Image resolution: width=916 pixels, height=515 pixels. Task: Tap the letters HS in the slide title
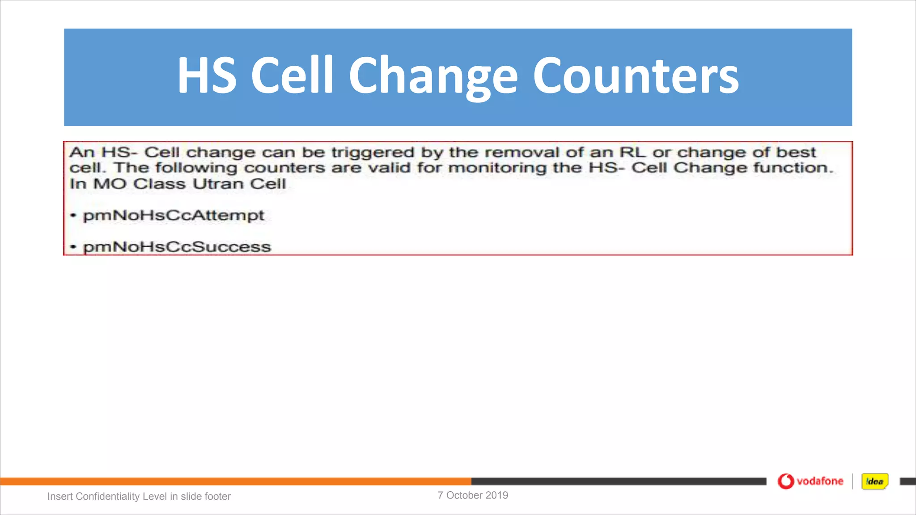click(206, 76)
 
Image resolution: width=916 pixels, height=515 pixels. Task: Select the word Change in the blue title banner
click(433, 76)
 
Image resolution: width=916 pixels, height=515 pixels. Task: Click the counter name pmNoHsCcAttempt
click(174, 215)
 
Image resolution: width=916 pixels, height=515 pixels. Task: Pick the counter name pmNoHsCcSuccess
click(177, 247)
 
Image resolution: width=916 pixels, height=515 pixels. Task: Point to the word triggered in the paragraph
click(373, 152)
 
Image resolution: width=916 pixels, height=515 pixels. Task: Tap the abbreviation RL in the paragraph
click(632, 152)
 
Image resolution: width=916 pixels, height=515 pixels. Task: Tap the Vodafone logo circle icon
click(786, 481)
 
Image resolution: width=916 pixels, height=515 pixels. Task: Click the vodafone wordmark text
click(820, 481)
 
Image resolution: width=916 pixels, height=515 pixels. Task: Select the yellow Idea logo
click(875, 481)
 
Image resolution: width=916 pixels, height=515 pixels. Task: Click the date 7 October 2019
click(473, 495)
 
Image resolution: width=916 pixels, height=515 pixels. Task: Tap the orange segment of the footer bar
click(235, 481)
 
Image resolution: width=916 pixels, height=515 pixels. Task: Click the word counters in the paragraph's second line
click(284, 168)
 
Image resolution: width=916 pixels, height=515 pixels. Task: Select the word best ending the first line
click(796, 152)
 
